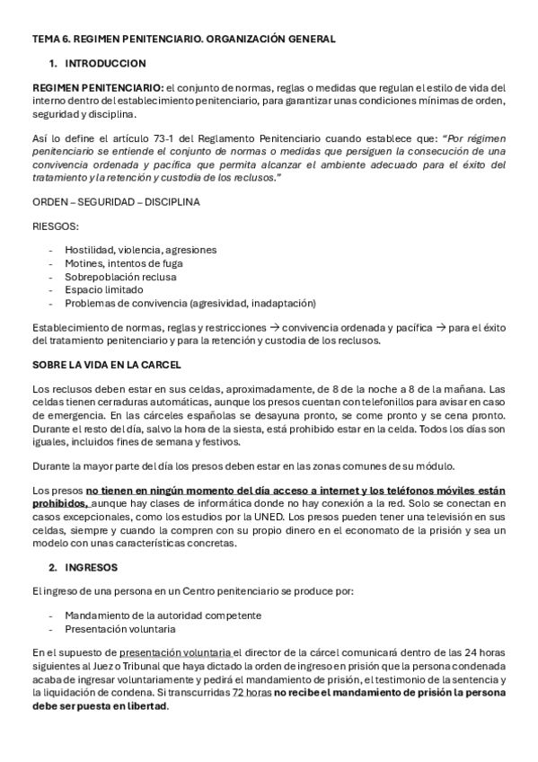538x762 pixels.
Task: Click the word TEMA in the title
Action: pos(45,39)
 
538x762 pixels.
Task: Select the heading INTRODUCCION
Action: pos(105,64)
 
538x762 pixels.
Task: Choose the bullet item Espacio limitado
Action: pos(103,290)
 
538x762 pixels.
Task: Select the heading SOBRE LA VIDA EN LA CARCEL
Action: pos(106,365)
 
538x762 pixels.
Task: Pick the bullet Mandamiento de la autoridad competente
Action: pos(163,616)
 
